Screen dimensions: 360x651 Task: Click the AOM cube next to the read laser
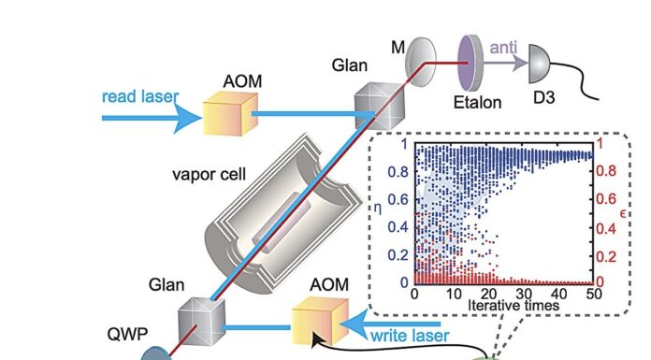229,115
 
